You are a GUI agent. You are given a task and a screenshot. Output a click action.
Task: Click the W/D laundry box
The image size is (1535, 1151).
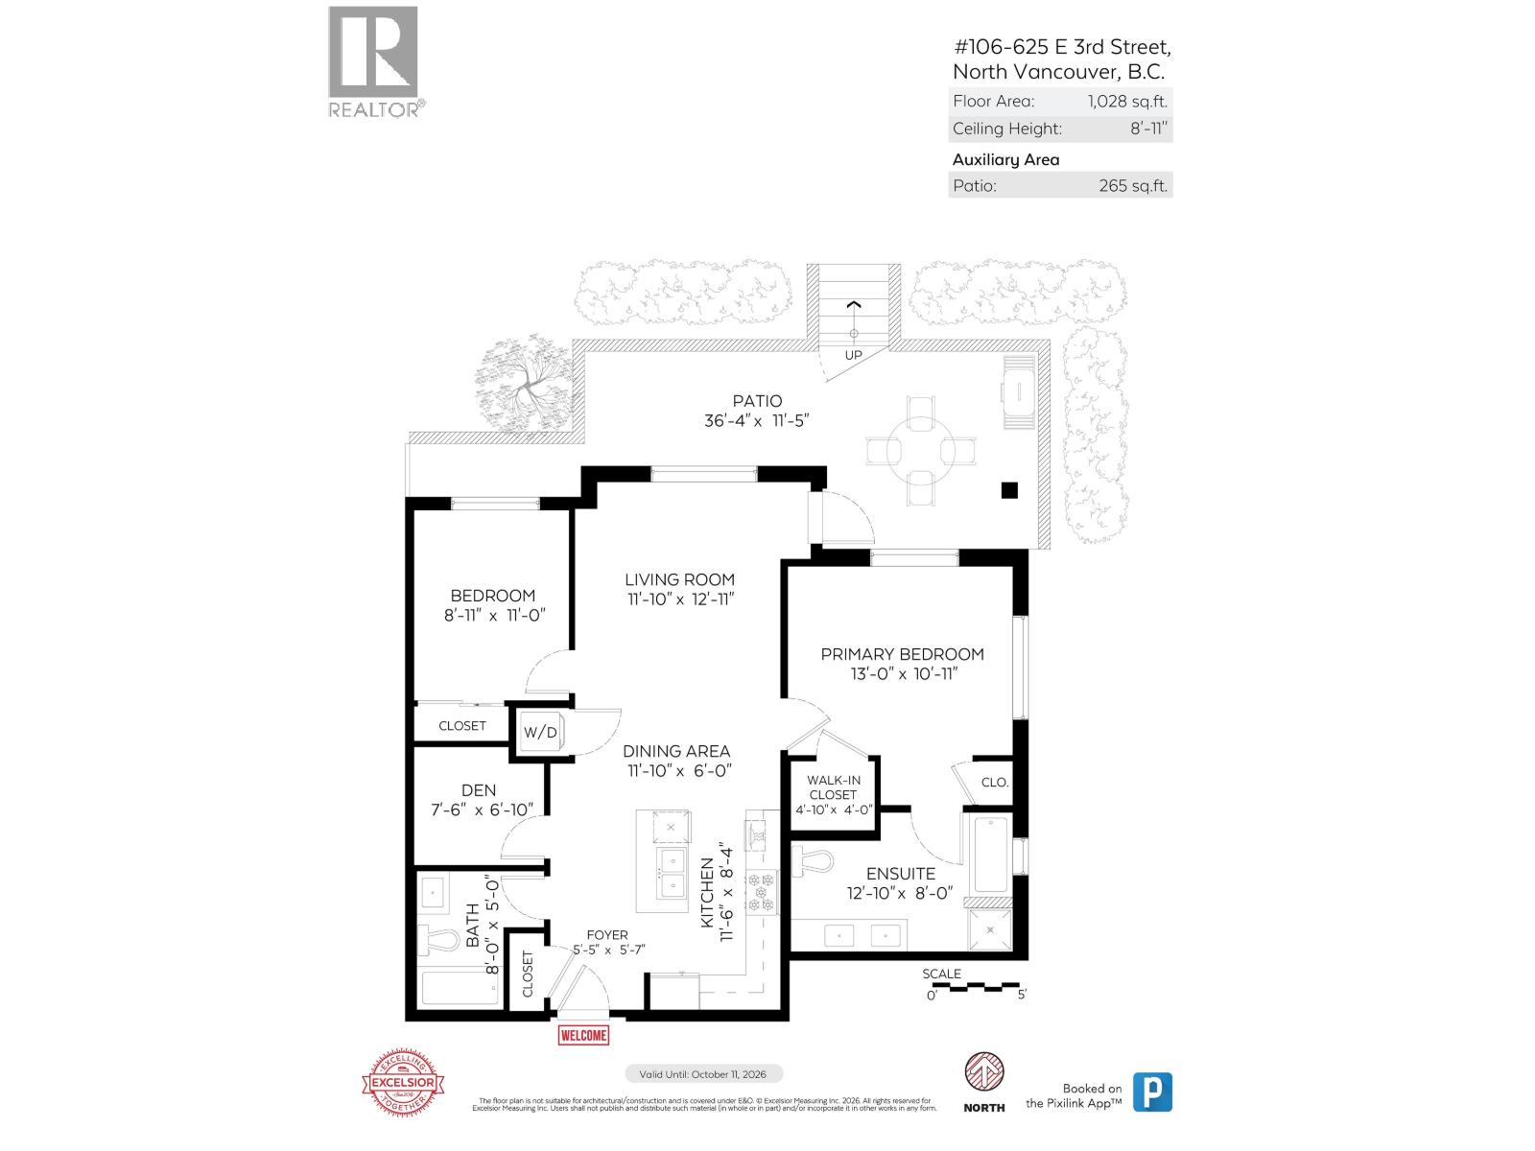click(540, 733)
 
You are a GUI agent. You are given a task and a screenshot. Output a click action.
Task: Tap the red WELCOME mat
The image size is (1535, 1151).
click(583, 1035)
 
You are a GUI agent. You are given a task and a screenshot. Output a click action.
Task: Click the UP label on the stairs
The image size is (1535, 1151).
click(853, 355)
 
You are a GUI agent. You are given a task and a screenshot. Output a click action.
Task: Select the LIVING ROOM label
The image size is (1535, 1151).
click(679, 579)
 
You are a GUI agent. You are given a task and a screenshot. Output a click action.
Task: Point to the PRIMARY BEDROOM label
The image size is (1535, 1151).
click(902, 654)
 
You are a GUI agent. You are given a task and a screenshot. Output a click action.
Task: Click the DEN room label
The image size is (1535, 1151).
click(479, 790)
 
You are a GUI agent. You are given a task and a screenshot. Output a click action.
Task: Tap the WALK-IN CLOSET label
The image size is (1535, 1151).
click(833, 787)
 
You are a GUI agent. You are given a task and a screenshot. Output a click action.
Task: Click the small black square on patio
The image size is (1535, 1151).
click(1008, 490)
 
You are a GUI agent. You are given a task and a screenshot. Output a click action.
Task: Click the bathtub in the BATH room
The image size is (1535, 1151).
click(460, 988)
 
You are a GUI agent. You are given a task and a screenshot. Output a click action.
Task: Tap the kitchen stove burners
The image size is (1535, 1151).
click(765, 891)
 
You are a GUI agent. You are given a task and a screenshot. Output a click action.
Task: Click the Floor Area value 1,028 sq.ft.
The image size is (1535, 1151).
click(1126, 101)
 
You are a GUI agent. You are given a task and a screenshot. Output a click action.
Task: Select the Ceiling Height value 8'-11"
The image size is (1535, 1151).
click(1148, 129)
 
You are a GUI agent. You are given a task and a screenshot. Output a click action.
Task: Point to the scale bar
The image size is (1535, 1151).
click(973, 986)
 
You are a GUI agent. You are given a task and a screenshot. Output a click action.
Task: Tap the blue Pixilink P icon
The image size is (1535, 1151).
click(1152, 1092)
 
